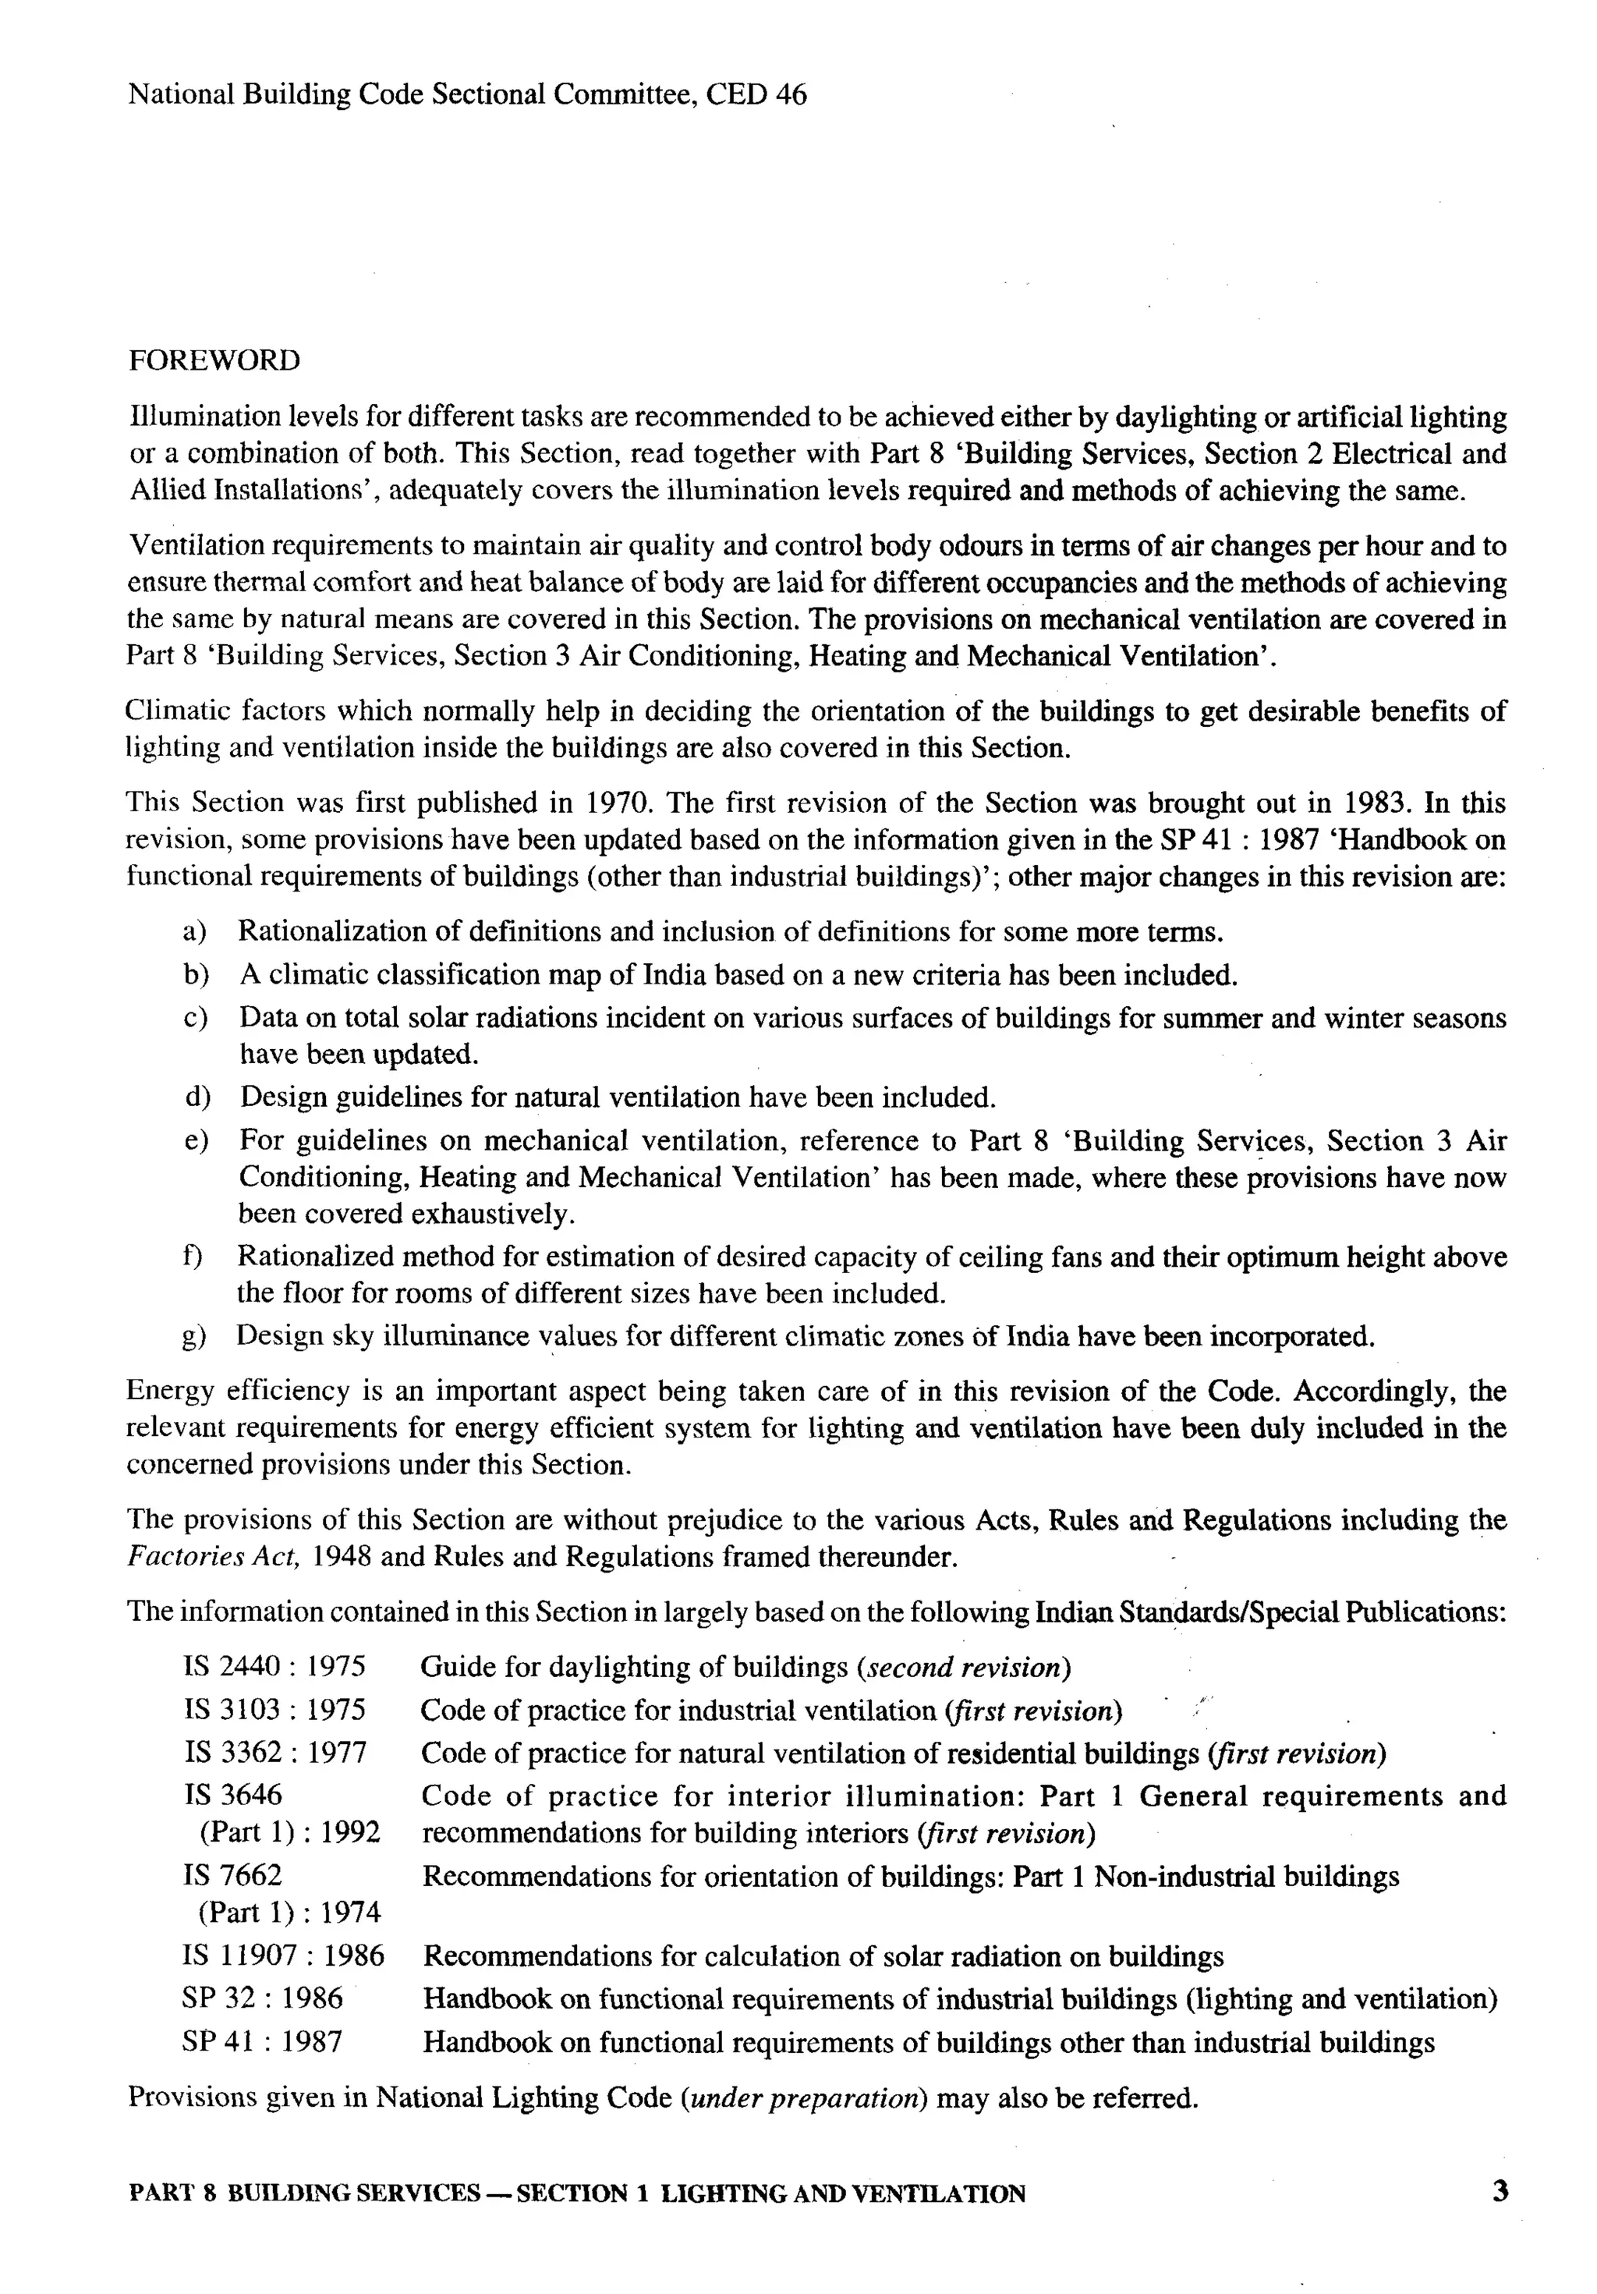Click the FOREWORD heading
(x=214, y=360)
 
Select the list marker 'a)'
(x=195, y=932)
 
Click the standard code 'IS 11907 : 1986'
(x=284, y=1955)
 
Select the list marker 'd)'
(x=197, y=1098)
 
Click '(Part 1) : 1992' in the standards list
(x=289, y=1832)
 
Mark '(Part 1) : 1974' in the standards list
(x=289, y=1913)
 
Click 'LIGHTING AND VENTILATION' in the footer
(x=843, y=2194)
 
